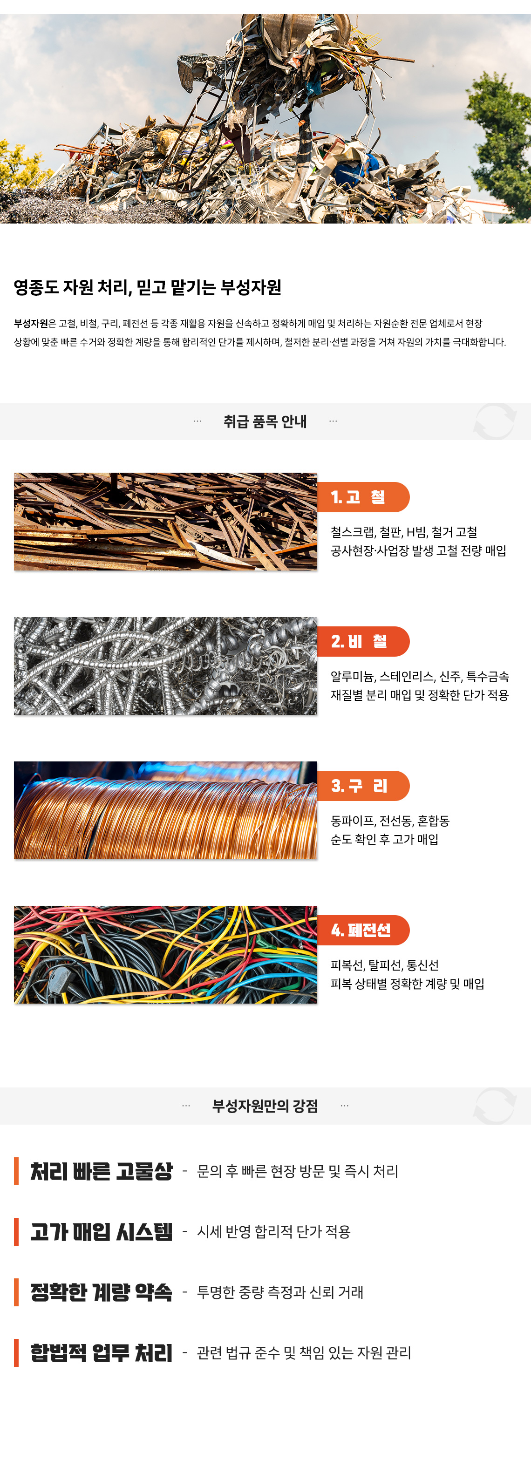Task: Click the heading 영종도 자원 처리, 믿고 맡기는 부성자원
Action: pos(147,287)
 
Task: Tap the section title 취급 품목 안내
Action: pos(265,421)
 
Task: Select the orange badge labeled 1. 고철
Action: pos(363,497)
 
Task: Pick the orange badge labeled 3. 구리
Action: pos(363,786)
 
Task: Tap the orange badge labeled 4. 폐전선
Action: pos(363,930)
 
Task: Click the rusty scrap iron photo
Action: pos(165,522)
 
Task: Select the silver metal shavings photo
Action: pos(165,666)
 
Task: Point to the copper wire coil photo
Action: pos(165,810)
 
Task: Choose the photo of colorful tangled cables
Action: pos(165,954)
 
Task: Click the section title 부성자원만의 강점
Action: pos(265,1106)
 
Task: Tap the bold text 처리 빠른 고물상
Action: pos(102,1171)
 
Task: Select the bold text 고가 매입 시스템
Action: pos(102,1232)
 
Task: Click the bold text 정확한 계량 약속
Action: pos(102,1292)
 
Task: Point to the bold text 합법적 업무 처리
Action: pos(102,1353)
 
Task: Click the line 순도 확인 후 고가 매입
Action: pos(385,839)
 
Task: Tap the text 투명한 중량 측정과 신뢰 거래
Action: pos(280,1292)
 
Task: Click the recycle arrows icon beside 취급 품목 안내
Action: pos(495,421)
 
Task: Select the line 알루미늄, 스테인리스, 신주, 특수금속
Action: pos(420,676)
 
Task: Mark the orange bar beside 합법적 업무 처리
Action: pos(16,1353)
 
